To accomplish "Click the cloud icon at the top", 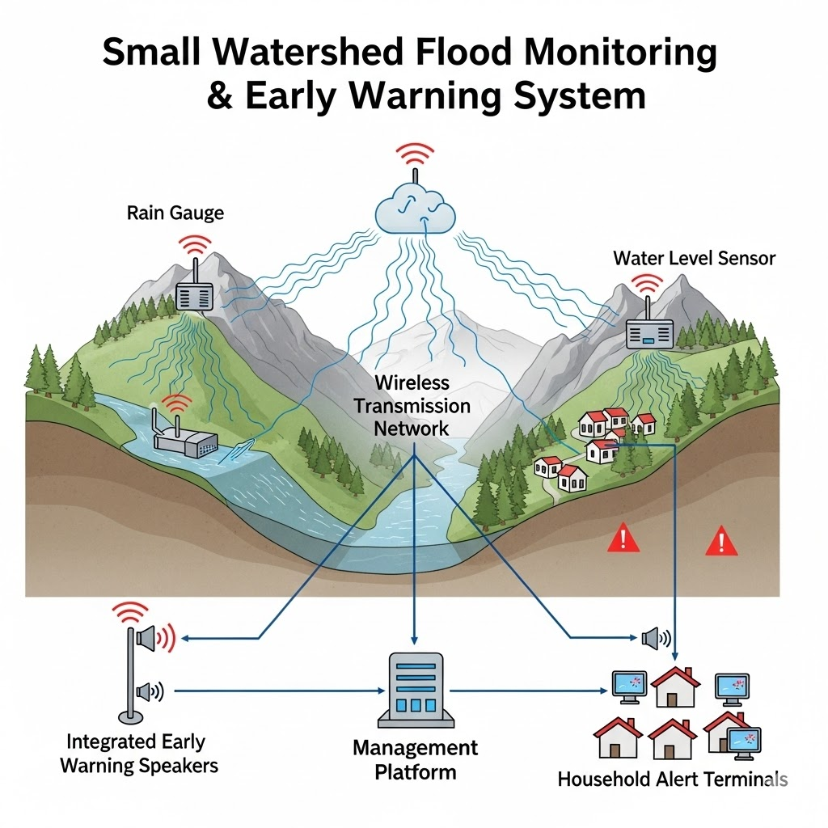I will pos(414,209).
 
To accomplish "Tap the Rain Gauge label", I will pos(175,213).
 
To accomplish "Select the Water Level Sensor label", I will pos(694,258).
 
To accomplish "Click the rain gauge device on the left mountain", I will pos(194,298).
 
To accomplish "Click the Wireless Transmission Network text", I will pos(411,405).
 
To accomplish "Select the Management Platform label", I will pos(415,759).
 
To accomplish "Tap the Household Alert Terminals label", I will pos(672,779).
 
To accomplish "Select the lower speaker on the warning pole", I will pos(146,691).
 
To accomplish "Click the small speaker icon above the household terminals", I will pos(653,639).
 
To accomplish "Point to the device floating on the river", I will pos(186,438).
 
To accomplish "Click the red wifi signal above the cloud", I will pos(415,154).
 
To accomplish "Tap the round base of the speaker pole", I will pos(128,716).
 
